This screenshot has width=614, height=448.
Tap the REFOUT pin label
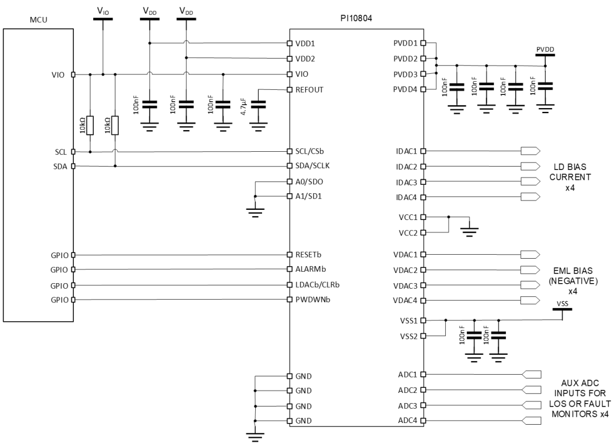pos(310,90)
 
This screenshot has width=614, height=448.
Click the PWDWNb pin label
pos(312,300)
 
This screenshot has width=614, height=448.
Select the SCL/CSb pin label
pos(311,152)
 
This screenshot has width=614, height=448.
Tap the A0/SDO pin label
pos(310,182)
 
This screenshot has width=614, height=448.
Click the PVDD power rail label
pos(545,50)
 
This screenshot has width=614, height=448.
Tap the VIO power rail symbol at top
pos(102,19)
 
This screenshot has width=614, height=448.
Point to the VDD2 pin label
pos(306,59)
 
